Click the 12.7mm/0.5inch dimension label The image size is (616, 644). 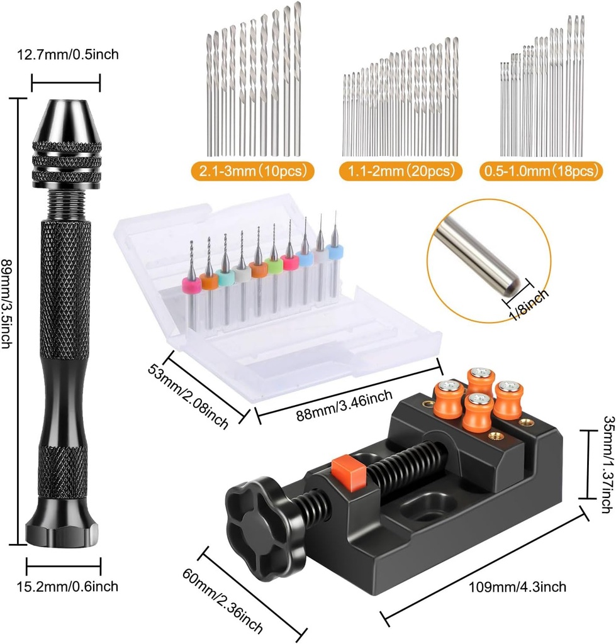[65, 55]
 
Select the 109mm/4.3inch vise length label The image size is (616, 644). [517, 587]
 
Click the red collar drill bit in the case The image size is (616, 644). [290, 262]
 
